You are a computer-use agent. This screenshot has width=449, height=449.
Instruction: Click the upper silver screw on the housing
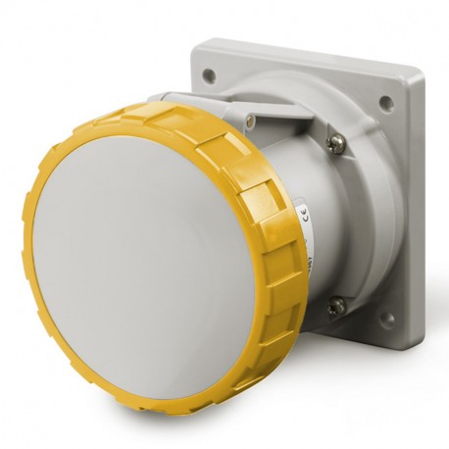(336, 143)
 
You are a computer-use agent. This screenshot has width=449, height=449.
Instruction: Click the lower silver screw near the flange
(336, 306)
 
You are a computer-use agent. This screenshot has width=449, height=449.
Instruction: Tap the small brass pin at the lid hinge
(251, 121)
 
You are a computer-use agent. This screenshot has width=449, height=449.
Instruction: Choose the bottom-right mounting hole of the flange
(388, 319)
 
